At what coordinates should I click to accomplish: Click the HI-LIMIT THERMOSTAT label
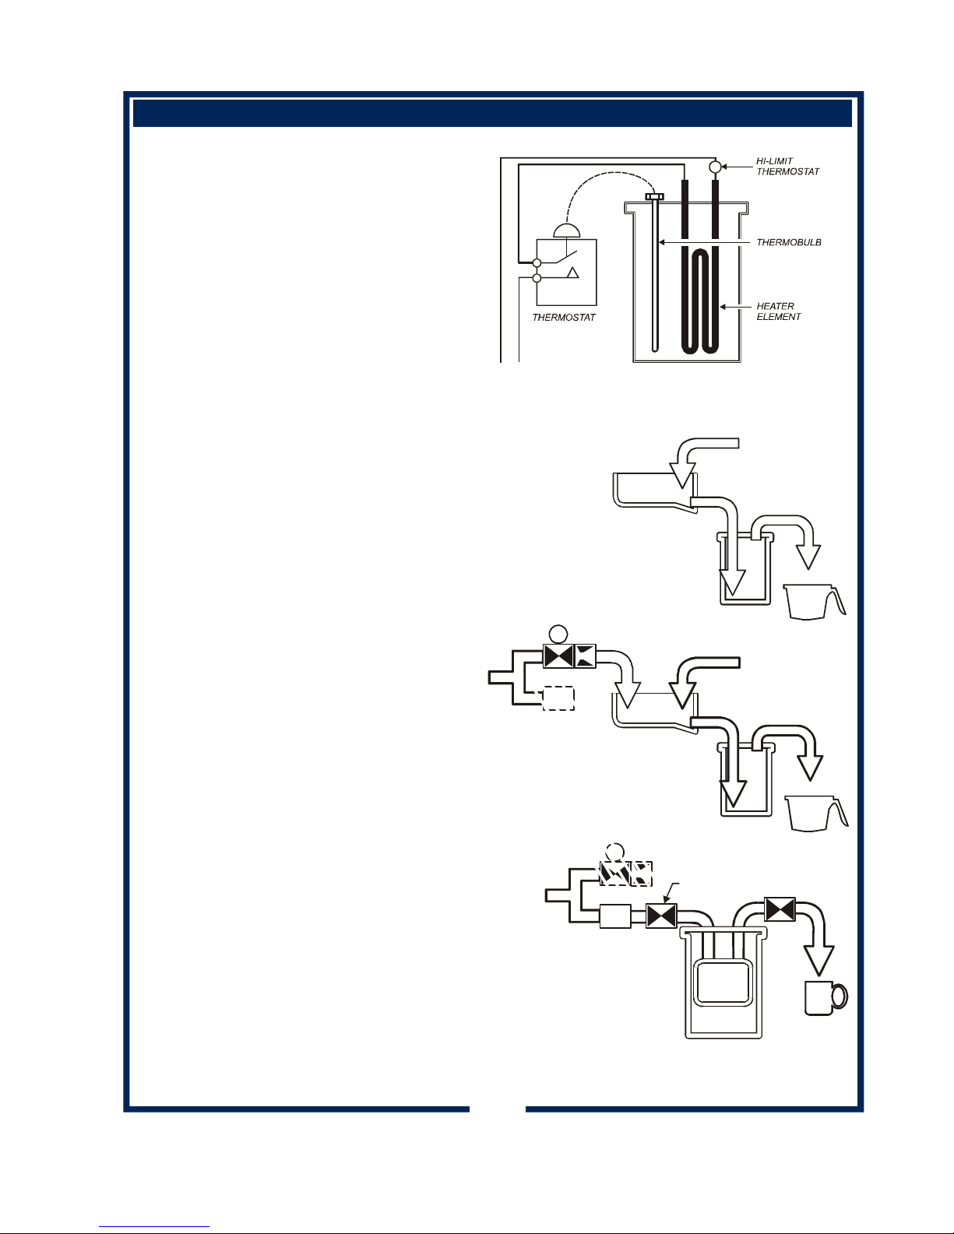(x=787, y=167)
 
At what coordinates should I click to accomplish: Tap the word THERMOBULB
(x=789, y=242)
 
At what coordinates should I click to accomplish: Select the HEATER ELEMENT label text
(x=779, y=311)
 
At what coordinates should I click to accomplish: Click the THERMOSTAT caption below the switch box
(x=564, y=318)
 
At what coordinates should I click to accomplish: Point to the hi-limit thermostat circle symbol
(x=716, y=167)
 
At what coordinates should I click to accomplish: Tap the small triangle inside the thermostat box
(x=573, y=272)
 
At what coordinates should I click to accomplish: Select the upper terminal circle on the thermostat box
(x=537, y=263)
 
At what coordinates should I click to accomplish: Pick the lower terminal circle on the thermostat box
(x=537, y=278)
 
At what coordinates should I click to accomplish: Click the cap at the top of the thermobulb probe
(x=655, y=196)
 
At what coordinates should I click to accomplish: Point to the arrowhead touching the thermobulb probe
(x=661, y=242)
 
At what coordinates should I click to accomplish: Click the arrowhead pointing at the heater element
(x=723, y=307)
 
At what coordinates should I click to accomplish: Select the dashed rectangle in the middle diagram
(x=559, y=698)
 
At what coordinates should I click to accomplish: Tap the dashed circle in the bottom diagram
(x=615, y=853)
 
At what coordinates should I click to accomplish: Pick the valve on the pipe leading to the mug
(x=780, y=909)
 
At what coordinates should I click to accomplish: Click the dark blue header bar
(x=492, y=113)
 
